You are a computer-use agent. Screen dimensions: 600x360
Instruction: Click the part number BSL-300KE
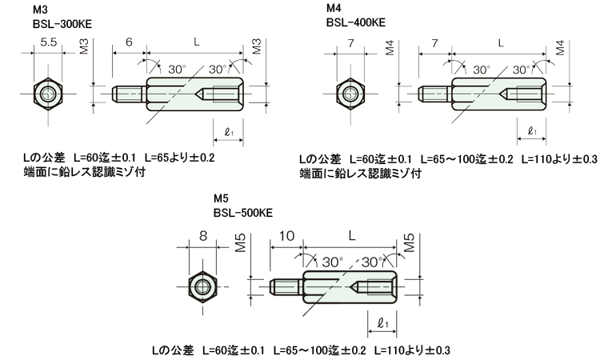point(62,24)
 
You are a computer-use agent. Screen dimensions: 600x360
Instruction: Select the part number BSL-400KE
point(356,22)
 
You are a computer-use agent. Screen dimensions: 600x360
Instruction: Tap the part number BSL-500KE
point(243,213)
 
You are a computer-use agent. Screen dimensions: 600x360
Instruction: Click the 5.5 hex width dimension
point(49,42)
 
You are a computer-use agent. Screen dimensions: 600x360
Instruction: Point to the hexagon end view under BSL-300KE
point(48,94)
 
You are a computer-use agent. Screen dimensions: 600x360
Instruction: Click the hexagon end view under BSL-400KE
point(350,94)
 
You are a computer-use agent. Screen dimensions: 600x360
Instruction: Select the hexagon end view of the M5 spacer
point(203,287)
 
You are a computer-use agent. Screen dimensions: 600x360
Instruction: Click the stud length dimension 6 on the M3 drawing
point(129,42)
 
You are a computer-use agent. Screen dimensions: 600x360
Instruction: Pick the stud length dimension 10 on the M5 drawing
point(286,236)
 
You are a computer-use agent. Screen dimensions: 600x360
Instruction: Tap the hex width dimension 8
point(203,236)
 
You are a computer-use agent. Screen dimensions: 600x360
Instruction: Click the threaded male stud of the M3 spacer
point(130,94)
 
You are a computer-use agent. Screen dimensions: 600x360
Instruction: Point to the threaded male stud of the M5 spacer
point(286,287)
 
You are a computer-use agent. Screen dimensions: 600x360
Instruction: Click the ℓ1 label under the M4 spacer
point(532,131)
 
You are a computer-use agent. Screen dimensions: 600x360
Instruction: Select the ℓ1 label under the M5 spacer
point(382,324)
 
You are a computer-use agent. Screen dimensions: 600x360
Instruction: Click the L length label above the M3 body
point(196,42)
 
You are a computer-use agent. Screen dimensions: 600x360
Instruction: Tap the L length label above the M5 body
point(352,235)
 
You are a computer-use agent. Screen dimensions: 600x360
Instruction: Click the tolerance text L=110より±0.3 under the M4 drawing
point(559,158)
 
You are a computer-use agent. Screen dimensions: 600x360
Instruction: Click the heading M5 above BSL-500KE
point(221,198)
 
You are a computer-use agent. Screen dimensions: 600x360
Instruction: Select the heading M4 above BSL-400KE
point(334,8)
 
